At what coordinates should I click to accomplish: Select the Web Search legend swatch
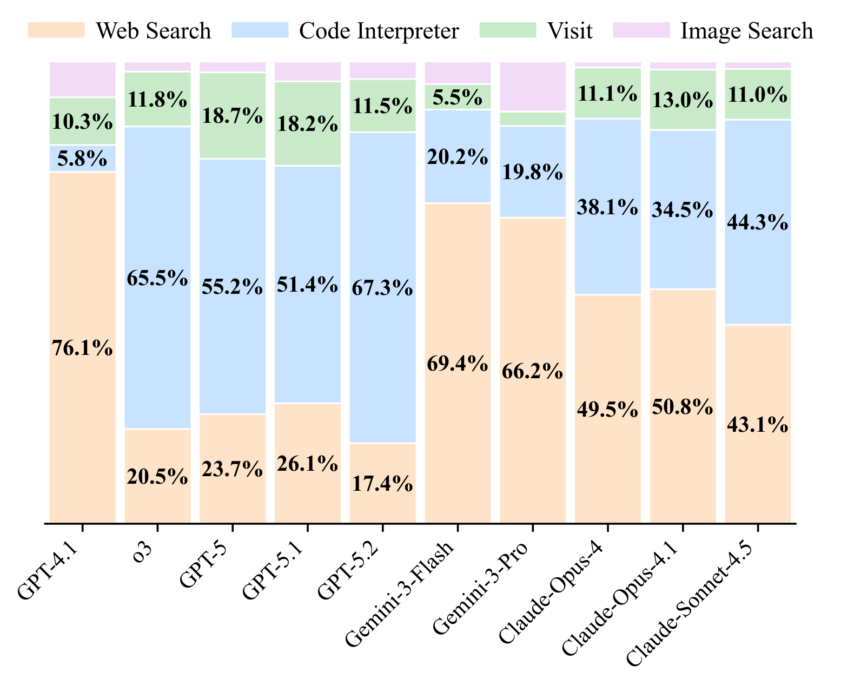tap(56, 30)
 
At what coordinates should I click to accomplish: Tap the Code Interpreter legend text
tap(379, 31)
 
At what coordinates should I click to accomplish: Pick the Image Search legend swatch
tap(641, 30)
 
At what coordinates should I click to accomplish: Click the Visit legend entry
tap(570, 31)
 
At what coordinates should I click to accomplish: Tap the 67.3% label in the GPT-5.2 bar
tap(382, 288)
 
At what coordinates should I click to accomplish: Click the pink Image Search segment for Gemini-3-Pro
tap(533, 87)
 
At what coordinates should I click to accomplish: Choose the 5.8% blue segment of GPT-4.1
tap(82, 159)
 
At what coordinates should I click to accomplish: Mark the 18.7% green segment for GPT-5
tap(233, 116)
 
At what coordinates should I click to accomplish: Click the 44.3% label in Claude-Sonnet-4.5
tap(758, 222)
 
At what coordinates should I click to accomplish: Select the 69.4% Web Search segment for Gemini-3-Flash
tap(458, 364)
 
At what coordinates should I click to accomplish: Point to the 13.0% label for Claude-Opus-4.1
tap(683, 100)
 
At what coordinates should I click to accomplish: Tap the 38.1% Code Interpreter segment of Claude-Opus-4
tap(608, 207)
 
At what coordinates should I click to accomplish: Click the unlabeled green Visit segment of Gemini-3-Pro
tap(533, 119)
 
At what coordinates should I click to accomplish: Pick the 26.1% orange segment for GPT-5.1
tap(308, 463)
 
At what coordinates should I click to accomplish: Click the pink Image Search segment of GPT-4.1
tap(82, 80)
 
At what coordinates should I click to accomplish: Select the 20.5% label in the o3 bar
tap(157, 476)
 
